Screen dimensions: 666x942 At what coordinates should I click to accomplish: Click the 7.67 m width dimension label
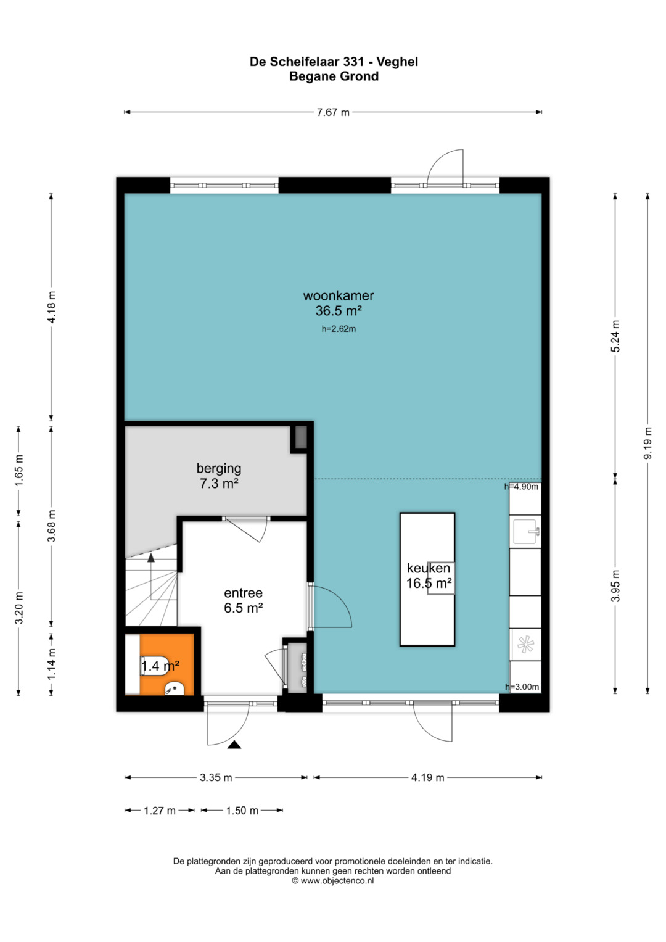(x=332, y=112)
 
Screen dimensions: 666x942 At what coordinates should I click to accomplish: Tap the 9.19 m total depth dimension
(x=648, y=444)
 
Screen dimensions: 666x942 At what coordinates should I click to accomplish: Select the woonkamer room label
(x=339, y=295)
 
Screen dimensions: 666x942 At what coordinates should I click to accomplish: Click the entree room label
(x=243, y=593)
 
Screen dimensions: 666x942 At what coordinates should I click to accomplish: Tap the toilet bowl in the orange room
(x=154, y=666)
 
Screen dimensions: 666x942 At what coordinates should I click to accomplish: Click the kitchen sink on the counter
(x=525, y=532)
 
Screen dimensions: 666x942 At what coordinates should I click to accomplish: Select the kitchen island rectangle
(x=427, y=579)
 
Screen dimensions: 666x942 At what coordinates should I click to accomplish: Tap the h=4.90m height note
(x=521, y=487)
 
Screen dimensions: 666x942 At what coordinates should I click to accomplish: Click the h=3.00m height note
(x=522, y=687)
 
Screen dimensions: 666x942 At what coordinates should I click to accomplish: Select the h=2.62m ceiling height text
(x=339, y=329)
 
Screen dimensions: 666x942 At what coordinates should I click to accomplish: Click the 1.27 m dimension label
(x=160, y=811)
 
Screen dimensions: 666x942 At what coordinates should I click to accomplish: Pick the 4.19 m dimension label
(x=427, y=777)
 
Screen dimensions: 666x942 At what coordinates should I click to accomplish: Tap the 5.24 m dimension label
(x=615, y=336)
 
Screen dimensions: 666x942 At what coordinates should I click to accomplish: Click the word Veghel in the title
(x=397, y=62)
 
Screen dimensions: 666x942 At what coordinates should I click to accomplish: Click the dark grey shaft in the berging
(x=301, y=437)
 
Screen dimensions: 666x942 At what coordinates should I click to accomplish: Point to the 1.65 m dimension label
(x=19, y=470)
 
